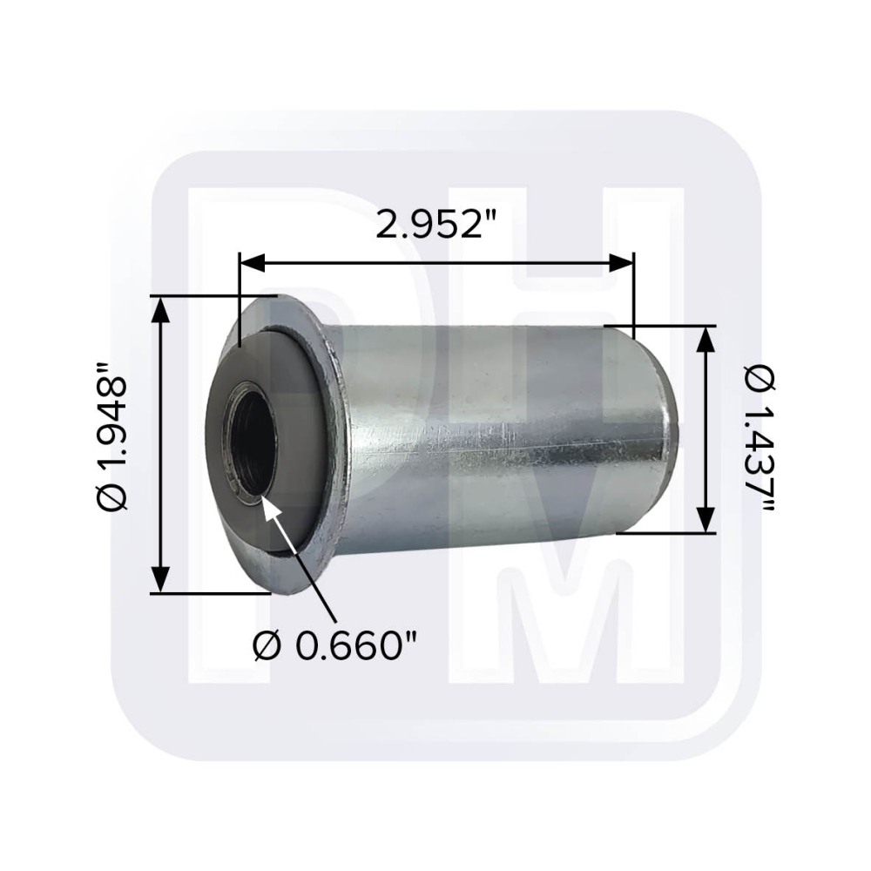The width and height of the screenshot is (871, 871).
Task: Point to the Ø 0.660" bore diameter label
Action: (x=336, y=646)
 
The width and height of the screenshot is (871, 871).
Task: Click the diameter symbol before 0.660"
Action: (x=268, y=646)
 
